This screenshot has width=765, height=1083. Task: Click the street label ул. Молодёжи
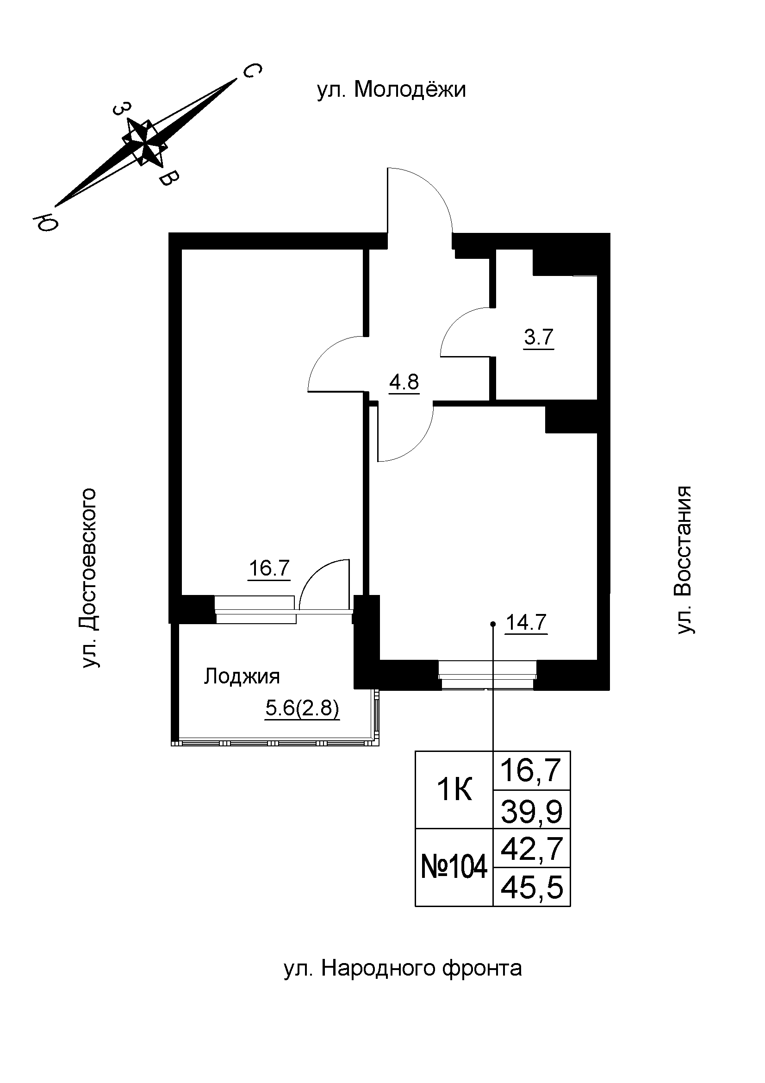[x=391, y=90]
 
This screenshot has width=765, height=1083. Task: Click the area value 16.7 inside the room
[x=269, y=568]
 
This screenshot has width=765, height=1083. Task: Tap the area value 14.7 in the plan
[x=526, y=623]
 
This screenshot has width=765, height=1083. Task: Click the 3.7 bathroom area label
[x=538, y=337]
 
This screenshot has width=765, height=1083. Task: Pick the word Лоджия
[x=242, y=676]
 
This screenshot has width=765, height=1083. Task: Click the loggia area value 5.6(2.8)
[x=302, y=708]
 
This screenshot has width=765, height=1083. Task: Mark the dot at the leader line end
[x=493, y=624]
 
